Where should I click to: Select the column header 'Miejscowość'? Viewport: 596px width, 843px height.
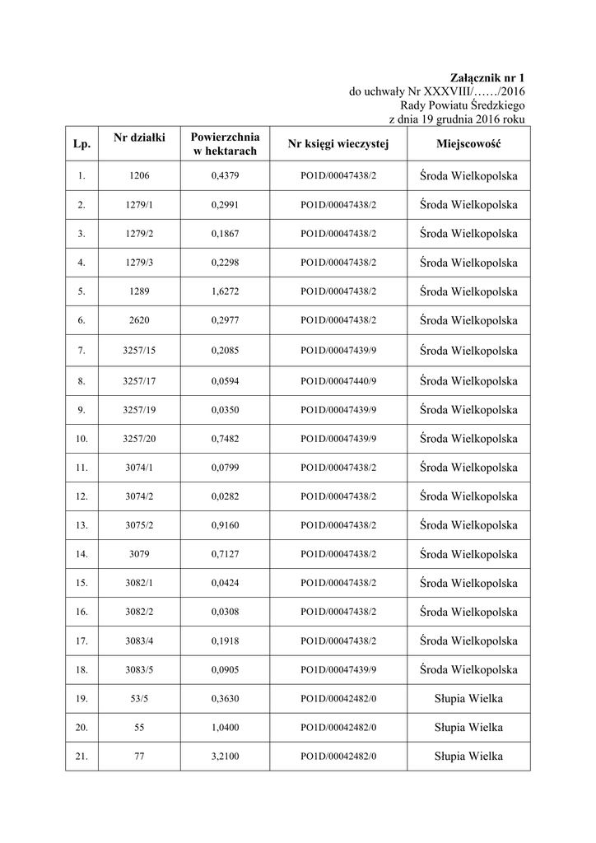(468, 145)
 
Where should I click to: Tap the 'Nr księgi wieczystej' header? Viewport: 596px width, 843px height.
(338, 145)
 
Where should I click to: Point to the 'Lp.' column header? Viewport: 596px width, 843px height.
(81, 145)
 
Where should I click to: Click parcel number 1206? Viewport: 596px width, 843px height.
(140, 175)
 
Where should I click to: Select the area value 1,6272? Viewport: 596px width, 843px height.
(226, 292)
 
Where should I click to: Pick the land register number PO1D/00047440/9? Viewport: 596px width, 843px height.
(338, 381)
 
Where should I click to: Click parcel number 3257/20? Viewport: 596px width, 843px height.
(140, 439)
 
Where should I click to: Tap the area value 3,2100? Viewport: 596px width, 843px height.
(226, 756)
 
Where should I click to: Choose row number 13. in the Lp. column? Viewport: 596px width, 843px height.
(81, 525)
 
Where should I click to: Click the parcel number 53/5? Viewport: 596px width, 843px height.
(140, 699)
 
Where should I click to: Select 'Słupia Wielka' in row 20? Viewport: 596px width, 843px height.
(468, 727)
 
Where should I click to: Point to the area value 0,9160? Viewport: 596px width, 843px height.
(226, 525)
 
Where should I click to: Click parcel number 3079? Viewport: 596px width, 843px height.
(140, 554)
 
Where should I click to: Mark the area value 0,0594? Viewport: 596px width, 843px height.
(226, 381)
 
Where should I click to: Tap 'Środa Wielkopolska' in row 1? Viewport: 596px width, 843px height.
(468, 175)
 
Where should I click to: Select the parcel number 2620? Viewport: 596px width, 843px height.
(140, 321)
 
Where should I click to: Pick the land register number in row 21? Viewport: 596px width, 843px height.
(338, 756)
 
